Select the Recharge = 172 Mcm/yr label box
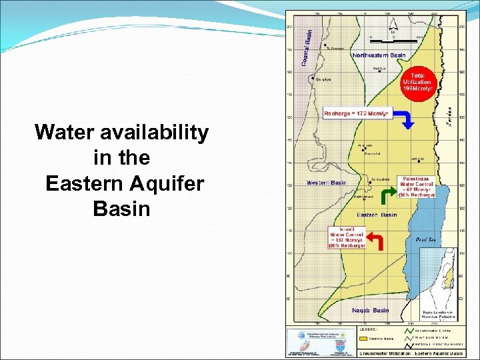(355, 113)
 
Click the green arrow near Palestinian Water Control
(386, 195)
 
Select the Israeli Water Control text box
(346, 236)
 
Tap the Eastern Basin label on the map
(377, 215)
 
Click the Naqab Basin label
(370, 310)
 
